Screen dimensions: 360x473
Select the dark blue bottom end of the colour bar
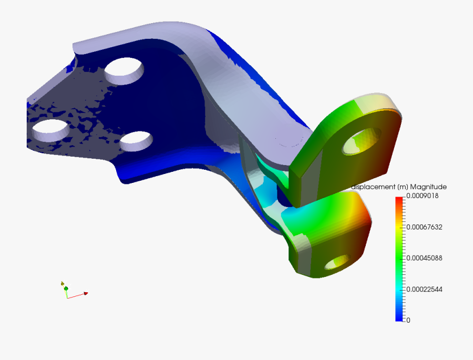[399, 317]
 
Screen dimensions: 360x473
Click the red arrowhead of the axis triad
[85, 293]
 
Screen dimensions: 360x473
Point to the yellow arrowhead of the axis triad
[62, 283]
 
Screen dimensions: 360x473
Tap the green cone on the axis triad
[66, 288]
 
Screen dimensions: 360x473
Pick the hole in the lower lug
[338, 261]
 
